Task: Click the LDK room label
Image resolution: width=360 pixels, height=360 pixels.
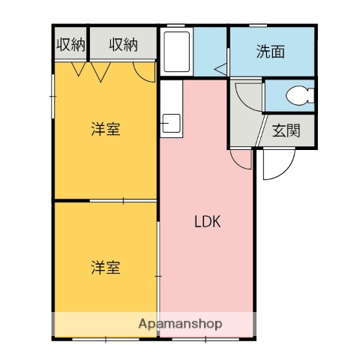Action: pyautogui.click(x=206, y=222)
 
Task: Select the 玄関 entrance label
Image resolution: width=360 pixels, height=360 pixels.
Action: pyautogui.click(x=286, y=130)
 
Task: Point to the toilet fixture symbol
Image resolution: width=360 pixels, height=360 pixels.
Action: pyautogui.click(x=302, y=95)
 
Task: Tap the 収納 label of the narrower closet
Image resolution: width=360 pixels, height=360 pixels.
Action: pyautogui.click(x=70, y=45)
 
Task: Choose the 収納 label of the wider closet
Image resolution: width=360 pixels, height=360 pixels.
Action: pyautogui.click(x=123, y=45)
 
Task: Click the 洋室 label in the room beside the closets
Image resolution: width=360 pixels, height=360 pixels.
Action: pyautogui.click(x=106, y=129)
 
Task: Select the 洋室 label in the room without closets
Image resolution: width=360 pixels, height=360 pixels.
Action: pyautogui.click(x=106, y=266)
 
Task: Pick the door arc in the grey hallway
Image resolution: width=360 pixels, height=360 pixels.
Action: pyautogui.click(x=246, y=96)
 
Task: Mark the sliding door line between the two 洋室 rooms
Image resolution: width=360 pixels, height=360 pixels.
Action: pyautogui.click(x=105, y=200)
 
